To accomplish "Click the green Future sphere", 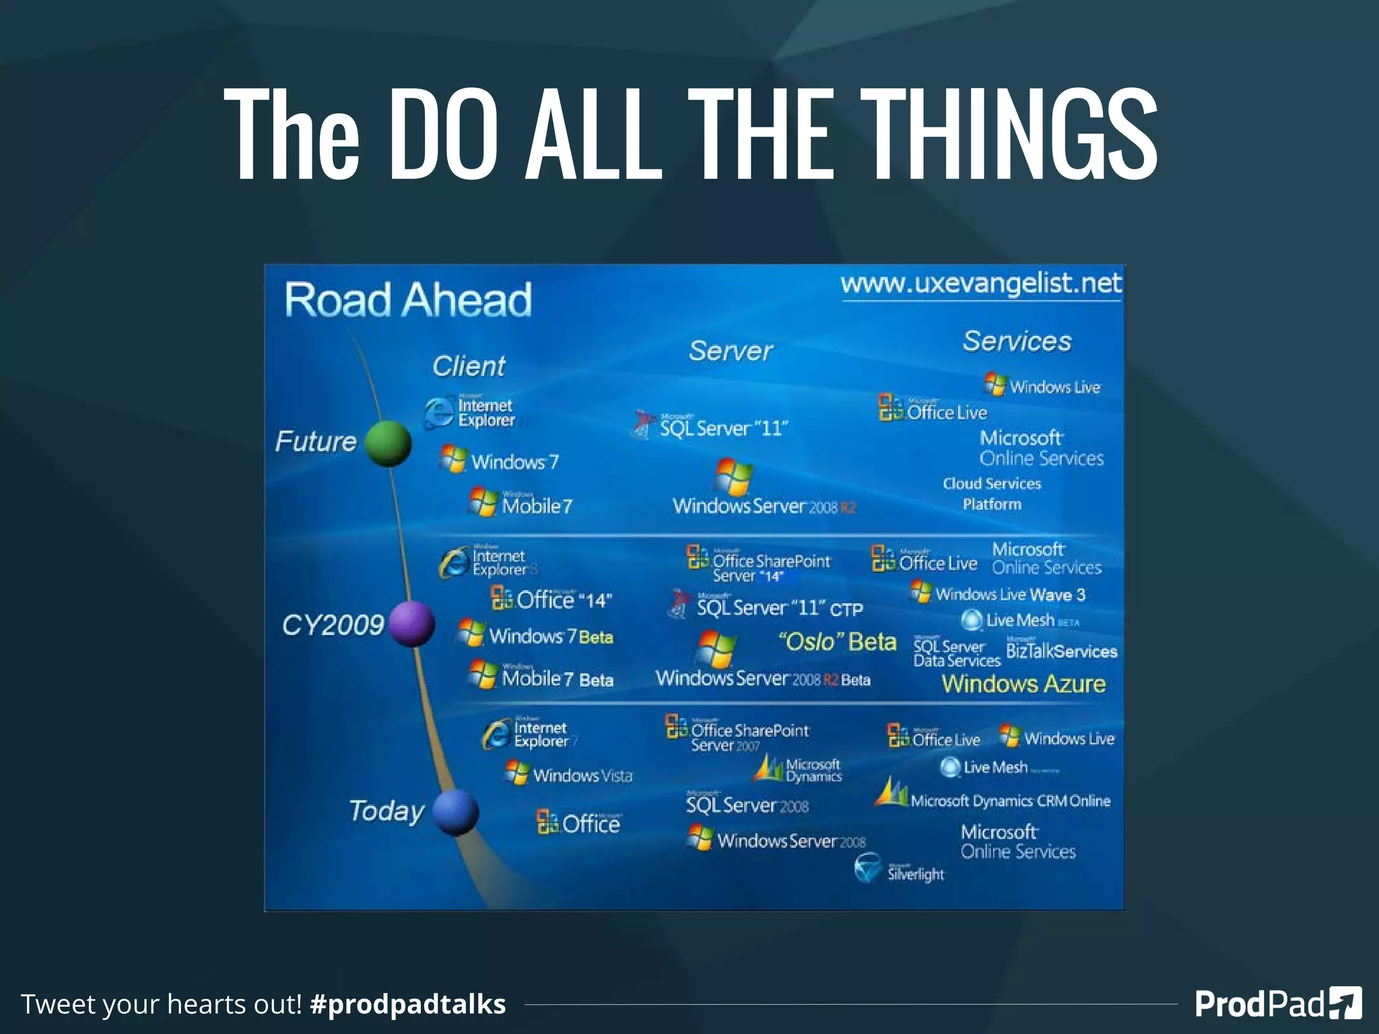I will point(388,444).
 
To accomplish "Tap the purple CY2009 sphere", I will point(411,623).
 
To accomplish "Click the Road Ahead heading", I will point(408,300).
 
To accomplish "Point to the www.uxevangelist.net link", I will point(981,283).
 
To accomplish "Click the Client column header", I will point(469,366).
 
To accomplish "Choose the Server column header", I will point(731,351).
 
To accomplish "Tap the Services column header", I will point(1017,341).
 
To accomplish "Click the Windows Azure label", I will point(1023,684).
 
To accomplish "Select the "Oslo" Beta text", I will point(838,642).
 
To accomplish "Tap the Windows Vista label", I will point(582,775).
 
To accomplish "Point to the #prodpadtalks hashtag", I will point(408,1004).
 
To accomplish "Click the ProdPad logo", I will point(1278,1004).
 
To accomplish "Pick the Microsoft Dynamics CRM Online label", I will point(1010,800).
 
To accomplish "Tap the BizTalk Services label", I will point(1061,651).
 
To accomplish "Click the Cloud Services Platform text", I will point(992,493).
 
